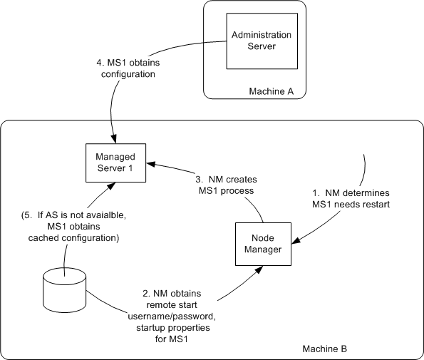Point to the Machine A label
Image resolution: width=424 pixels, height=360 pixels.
tap(271, 91)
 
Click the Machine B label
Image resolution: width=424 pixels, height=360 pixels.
tap(324, 349)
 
